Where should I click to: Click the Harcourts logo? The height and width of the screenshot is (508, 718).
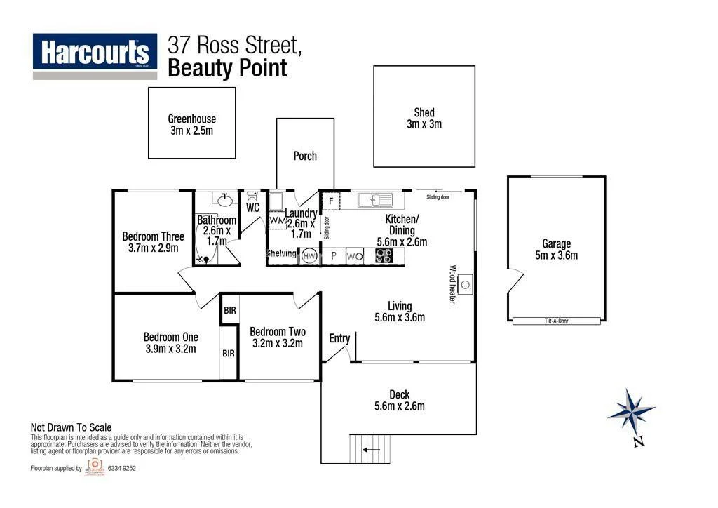(x=95, y=53)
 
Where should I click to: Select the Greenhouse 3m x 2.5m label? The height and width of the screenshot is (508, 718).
(x=191, y=125)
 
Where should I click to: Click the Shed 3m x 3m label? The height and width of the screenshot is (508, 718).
(x=424, y=118)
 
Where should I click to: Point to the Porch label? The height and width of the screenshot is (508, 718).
(x=305, y=156)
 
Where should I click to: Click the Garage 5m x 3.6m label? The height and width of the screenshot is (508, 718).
(x=556, y=250)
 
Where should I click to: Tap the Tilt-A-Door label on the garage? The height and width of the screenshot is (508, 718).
(x=556, y=321)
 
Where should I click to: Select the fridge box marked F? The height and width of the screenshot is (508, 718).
(x=331, y=201)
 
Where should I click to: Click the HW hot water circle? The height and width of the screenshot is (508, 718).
(x=309, y=257)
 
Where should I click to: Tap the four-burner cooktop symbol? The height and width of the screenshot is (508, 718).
(x=384, y=256)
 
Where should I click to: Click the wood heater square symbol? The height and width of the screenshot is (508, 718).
(x=467, y=286)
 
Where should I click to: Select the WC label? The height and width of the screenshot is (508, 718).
(x=253, y=208)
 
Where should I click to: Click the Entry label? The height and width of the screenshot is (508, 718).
(x=339, y=339)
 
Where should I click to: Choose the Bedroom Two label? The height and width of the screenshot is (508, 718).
(x=277, y=337)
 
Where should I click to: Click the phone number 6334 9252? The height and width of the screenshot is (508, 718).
(x=121, y=469)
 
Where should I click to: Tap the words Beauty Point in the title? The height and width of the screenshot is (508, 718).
(x=227, y=69)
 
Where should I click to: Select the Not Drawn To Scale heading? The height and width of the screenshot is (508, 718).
(x=71, y=427)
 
